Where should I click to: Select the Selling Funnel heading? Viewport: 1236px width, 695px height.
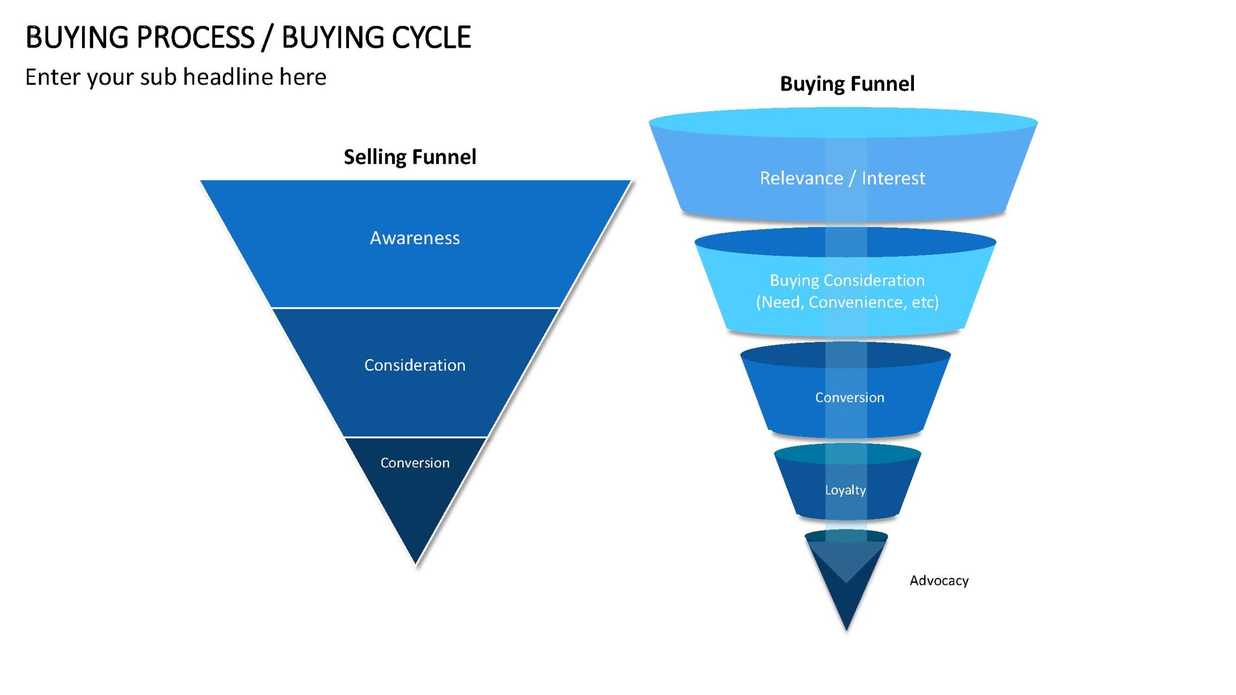pyautogui.click(x=410, y=157)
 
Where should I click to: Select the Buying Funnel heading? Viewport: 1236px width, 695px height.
pyautogui.click(x=847, y=84)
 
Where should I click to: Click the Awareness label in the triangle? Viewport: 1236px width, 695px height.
pyautogui.click(x=415, y=238)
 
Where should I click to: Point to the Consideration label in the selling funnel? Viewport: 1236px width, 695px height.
pyautogui.click(x=415, y=365)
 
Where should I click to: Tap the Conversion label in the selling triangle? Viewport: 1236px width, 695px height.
pyautogui.click(x=415, y=463)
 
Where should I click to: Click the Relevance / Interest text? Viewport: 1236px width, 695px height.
pyautogui.click(x=843, y=178)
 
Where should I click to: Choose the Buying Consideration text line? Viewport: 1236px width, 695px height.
pyautogui.click(x=847, y=280)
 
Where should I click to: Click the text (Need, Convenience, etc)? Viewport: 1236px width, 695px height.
pyautogui.click(x=847, y=302)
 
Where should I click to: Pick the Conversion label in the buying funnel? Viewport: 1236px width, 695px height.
pyautogui.click(x=850, y=397)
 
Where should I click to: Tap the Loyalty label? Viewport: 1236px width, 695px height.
pyautogui.click(x=845, y=490)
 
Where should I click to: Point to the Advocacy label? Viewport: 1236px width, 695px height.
pyautogui.click(x=939, y=581)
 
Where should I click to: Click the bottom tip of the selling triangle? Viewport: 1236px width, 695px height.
pyautogui.click(x=416, y=564)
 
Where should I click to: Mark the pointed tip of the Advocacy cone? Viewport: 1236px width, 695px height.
pyautogui.click(x=846, y=630)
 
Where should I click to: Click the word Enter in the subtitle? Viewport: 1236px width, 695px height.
pyautogui.click(x=53, y=77)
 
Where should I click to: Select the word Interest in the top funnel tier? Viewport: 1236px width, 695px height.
pyautogui.click(x=893, y=178)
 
